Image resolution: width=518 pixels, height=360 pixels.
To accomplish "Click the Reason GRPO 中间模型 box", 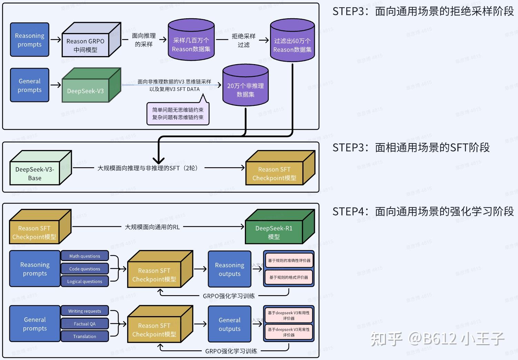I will (x=86, y=45).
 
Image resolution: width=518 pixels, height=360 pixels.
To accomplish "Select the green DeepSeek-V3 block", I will (x=86, y=91).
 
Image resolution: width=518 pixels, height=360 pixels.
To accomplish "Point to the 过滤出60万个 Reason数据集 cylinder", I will (x=292, y=45).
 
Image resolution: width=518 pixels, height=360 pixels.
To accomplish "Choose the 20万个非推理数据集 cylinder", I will (x=245, y=90).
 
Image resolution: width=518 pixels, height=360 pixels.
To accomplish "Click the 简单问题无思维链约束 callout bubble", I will (x=178, y=113).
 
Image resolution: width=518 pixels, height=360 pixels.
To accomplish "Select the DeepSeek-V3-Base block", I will (x=35, y=173).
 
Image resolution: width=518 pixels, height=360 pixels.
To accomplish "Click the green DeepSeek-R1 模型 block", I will (x=274, y=232).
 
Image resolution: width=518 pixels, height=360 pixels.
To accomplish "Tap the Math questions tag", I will (x=84, y=256).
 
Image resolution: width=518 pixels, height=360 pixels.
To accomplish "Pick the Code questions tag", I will (x=84, y=269).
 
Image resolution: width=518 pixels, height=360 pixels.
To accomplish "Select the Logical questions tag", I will (x=84, y=281).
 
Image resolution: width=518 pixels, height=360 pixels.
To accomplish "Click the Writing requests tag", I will (x=84, y=311).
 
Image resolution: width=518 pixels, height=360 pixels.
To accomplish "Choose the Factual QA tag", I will (x=84, y=324).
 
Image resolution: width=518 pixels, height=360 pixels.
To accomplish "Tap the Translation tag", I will (x=84, y=336).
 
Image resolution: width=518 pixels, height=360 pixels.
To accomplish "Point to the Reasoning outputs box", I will (x=229, y=269).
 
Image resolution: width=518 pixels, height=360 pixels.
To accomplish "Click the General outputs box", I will (x=229, y=324).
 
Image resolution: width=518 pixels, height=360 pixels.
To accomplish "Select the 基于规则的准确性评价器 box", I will (x=289, y=260).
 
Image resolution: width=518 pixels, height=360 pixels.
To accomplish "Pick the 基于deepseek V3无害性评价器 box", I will (x=289, y=332).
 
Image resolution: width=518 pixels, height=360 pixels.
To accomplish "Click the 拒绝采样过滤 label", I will (x=243, y=40).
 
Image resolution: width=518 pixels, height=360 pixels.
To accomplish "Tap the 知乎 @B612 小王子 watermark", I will (x=437, y=339).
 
